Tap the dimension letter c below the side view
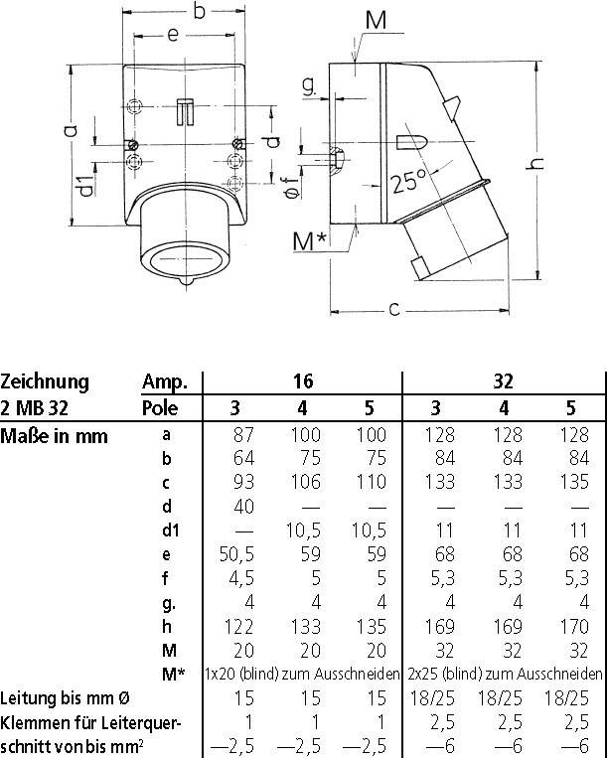click(394, 309)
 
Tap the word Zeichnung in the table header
click(45, 381)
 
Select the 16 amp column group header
click(301, 381)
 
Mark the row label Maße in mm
click(55, 434)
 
